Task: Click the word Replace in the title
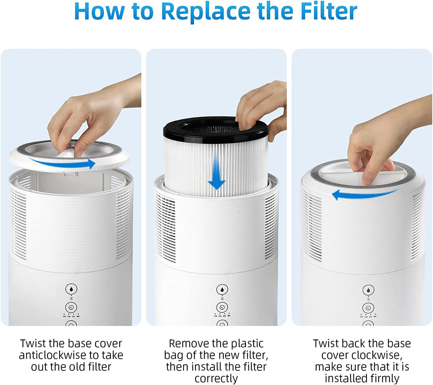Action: (x=206, y=11)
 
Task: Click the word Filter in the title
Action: (x=329, y=11)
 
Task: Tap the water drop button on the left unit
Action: (x=71, y=289)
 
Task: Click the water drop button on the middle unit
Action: (x=222, y=290)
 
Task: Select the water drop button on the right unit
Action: (x=368, y=290)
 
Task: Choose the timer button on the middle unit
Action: (x=222, y=307)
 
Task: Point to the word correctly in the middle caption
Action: (x=216, y=378)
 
